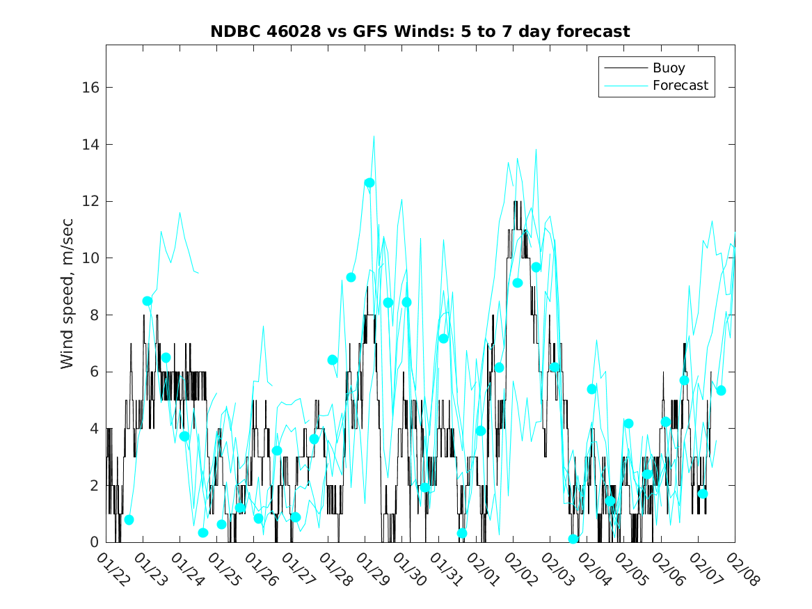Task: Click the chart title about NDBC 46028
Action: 420,31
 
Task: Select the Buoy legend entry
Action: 669,68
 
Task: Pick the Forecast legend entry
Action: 680,86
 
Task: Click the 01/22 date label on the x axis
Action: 113,569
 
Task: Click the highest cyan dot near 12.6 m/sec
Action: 369,183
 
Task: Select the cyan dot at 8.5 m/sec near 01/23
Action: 148,301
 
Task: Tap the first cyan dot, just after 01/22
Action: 129,520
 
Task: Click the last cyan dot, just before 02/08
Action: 721,390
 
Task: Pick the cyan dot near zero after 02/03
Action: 573,539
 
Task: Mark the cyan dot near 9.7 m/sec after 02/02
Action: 536,267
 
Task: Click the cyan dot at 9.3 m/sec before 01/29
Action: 351,277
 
